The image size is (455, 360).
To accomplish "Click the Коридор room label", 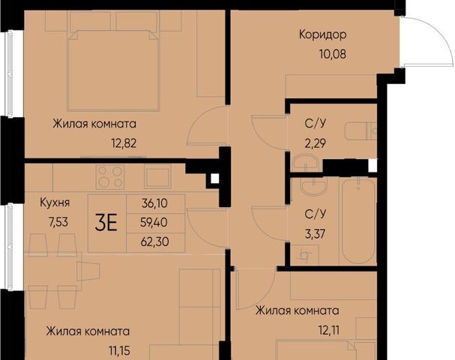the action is point(322,34).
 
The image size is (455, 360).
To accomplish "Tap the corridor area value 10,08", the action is point(333,54).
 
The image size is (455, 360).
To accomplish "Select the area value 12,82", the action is point(124,143).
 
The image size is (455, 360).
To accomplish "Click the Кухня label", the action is point(55,202).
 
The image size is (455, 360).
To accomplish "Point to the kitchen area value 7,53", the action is point(58,222).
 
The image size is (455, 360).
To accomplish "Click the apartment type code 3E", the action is point(106,223).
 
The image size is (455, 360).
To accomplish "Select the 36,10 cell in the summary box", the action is point(154,203).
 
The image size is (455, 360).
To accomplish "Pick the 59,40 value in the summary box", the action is point(154,223).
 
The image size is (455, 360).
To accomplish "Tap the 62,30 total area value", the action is point(154,241).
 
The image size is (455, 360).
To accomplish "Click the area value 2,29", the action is point(315,143).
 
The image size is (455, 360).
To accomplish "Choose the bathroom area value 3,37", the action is point(315,233).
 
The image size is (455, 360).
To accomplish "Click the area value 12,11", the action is point(329,330).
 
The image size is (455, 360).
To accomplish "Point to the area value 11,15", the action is point(119,351).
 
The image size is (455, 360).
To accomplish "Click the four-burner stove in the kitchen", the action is point(110,177).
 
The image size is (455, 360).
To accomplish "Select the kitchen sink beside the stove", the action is point(157,176).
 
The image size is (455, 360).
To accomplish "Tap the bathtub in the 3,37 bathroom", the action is point(358,221).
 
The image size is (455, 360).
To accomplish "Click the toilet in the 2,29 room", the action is point(361,132).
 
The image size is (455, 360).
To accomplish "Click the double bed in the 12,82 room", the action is point(113,70).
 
